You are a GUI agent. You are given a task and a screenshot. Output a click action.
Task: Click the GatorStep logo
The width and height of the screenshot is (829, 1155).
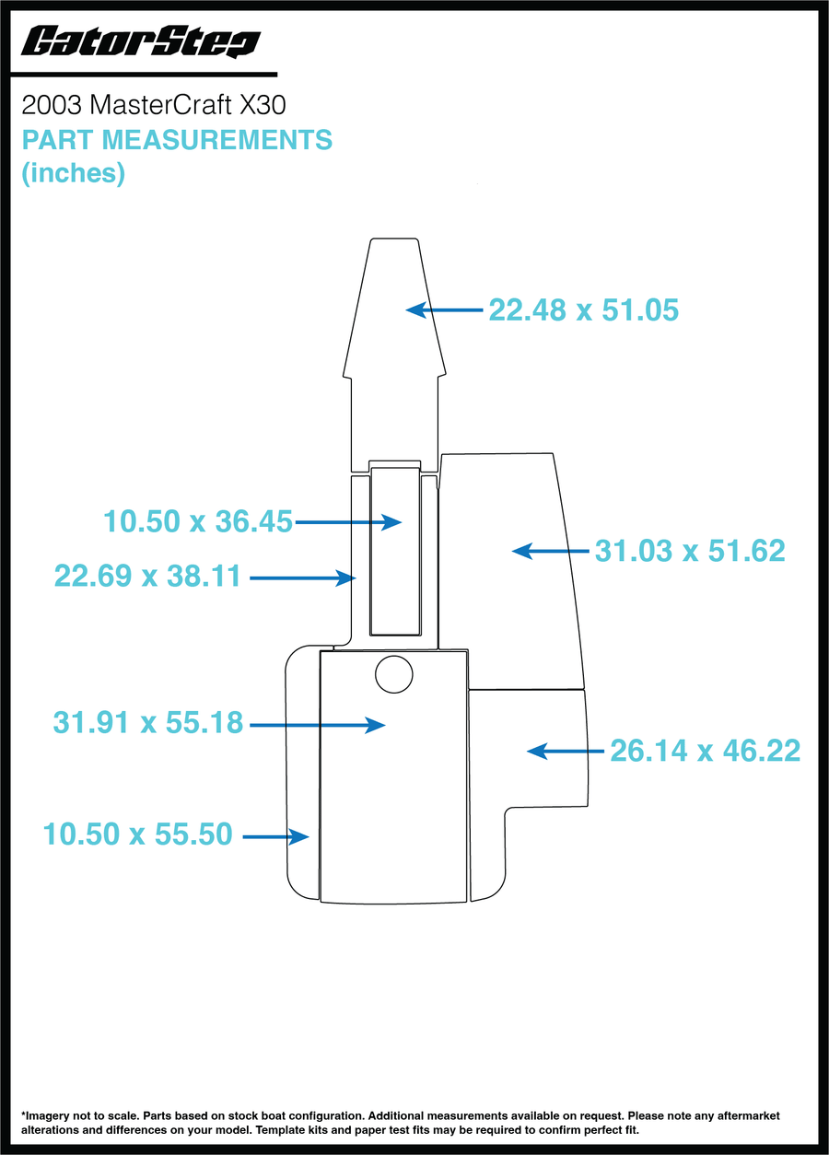140,41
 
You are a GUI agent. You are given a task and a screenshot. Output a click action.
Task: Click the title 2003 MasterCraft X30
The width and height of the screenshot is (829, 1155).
153,105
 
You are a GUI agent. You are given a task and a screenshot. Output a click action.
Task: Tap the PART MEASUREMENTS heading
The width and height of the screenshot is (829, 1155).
177,140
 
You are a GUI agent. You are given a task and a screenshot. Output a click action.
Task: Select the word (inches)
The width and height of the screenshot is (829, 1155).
73,173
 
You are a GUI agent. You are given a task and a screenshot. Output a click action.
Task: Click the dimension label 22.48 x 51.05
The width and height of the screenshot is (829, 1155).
583,309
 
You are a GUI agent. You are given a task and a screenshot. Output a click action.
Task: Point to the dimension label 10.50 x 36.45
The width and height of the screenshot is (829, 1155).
198,521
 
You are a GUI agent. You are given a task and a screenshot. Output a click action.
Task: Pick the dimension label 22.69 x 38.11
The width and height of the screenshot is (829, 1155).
147,576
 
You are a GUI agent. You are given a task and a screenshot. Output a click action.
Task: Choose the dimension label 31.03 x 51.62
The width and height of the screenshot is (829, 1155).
690,551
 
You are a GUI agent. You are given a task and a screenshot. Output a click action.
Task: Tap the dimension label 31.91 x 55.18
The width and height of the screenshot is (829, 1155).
148,722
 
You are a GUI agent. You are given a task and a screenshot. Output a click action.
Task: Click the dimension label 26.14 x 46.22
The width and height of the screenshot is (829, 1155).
705,751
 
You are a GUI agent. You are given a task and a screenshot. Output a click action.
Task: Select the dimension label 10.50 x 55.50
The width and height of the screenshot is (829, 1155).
137,834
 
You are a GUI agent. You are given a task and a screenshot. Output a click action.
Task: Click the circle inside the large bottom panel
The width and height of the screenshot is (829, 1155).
394,674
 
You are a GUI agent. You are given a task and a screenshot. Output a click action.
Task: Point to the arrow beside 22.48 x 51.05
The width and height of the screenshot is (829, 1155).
444,309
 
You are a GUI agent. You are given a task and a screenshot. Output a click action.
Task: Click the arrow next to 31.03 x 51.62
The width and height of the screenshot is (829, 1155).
551,551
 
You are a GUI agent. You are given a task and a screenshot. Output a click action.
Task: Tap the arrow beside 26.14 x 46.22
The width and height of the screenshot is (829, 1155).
566,752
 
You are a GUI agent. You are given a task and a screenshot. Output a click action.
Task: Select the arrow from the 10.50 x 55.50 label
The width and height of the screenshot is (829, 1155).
275,837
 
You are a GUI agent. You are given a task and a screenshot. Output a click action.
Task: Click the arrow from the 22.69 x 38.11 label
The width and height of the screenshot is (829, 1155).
303,578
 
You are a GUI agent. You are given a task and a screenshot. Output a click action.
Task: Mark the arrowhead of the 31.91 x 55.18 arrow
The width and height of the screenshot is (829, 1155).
375,725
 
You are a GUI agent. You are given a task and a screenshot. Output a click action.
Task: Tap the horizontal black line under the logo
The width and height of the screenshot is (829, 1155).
144,75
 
